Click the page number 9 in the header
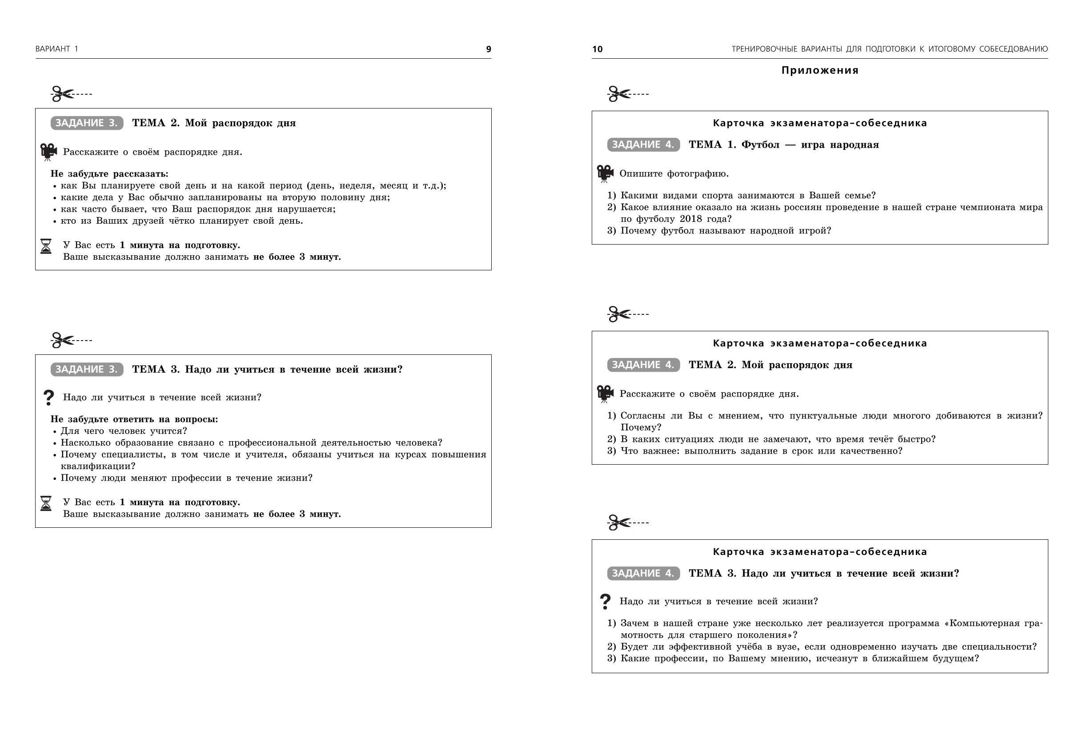tap(489, 49)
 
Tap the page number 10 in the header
tap(597, 49)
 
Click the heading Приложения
tap(820, 70)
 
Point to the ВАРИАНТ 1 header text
tap(57, 49)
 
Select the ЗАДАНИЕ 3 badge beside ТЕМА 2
tap(87, 123)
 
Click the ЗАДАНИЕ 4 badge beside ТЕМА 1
tap(643, 145)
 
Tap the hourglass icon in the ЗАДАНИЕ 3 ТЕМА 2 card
tap(46, 246)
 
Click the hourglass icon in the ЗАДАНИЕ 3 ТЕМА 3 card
tap(46, 503)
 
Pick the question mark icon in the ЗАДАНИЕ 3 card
tap(48, 398)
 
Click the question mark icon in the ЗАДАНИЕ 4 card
tap(605, 602)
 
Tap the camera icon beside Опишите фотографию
tap(605, 173)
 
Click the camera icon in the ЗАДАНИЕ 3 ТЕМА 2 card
tap(48, 152)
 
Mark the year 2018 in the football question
tap(690, 219)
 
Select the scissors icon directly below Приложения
tap(619, 94)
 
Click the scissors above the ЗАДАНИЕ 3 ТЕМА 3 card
tap(62, 340)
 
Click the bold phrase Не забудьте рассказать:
tap(109, 174)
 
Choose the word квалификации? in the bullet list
tap(98, 466)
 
